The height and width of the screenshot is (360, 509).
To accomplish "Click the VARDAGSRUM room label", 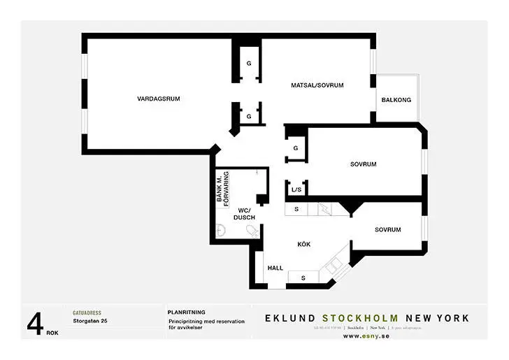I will tap(159, 99).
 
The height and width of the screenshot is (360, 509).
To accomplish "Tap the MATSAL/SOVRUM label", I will tap(317, 85).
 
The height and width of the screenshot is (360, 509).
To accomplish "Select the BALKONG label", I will tap(396, 101).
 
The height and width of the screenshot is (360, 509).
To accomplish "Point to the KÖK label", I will tap(303, 244).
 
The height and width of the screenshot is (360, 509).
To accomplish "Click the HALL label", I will tap(275, 268).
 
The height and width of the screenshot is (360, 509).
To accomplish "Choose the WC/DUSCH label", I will tap(244, 214).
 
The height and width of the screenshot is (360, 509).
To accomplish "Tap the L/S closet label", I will tap(295, 189).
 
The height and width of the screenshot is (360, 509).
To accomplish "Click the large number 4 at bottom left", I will tap(35, 324).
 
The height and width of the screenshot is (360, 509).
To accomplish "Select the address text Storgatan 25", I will tap(89, 322).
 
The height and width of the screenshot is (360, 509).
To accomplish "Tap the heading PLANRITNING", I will tap(186, 312).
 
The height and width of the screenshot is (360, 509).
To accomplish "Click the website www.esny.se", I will tap(366, 336).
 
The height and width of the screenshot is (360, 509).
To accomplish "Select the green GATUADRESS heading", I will tap(87, 312).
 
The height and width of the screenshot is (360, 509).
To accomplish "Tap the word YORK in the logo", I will tap(453, 318).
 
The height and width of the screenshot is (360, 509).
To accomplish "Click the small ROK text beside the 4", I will tap(52, 333).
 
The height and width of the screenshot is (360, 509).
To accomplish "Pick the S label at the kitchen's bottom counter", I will tap(303, 278).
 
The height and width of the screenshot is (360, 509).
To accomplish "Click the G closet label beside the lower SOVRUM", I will tap(296, 148).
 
